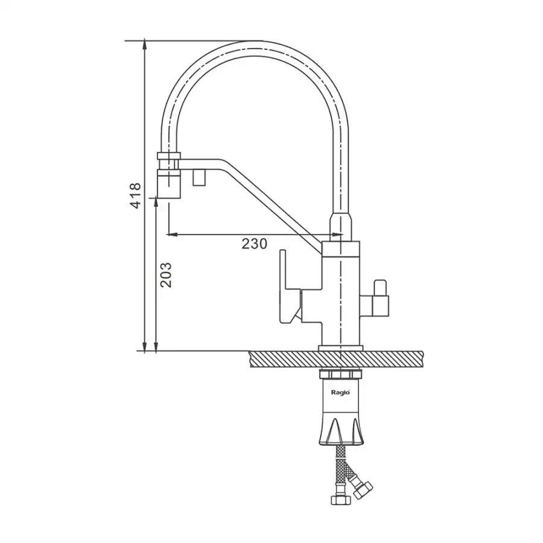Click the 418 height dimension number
[135, 195]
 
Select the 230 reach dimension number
[254, 244]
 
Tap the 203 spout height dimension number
[165, 275]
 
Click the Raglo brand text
[340, 392]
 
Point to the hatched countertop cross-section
[336, 359]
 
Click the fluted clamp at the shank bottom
[341, 431]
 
